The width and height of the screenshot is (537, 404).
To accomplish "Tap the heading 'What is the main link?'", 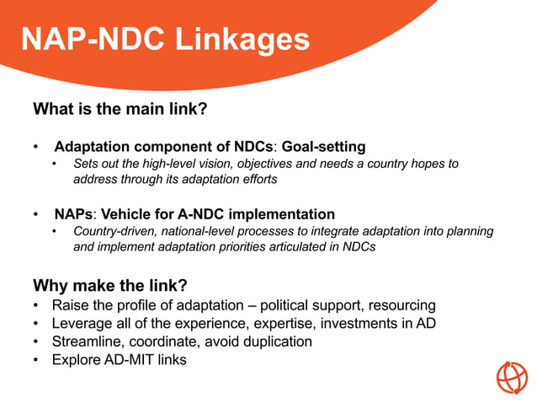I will (x=120, y=110).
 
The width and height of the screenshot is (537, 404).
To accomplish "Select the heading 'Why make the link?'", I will (x=109, y=284).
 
